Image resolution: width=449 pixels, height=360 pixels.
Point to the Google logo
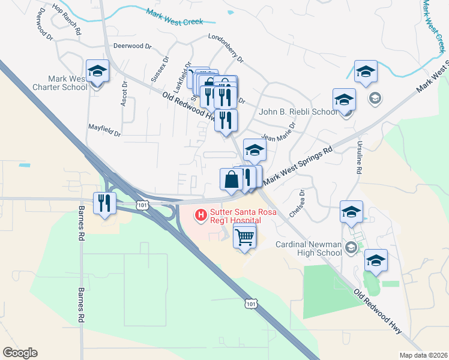tap(20, 353)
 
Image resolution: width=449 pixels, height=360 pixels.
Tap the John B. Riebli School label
tap(298, 112)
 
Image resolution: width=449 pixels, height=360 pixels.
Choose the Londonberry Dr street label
tap(225, 48)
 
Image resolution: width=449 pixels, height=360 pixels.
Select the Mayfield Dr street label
tap(105, 128)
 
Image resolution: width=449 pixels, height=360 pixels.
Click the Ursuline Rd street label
tap(359, 161)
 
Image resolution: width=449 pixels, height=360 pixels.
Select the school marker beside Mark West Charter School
tap(98, 71)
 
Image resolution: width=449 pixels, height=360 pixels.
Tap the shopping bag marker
tap(232, 179)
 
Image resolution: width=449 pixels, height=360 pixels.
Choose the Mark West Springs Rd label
tap(298, 161)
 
